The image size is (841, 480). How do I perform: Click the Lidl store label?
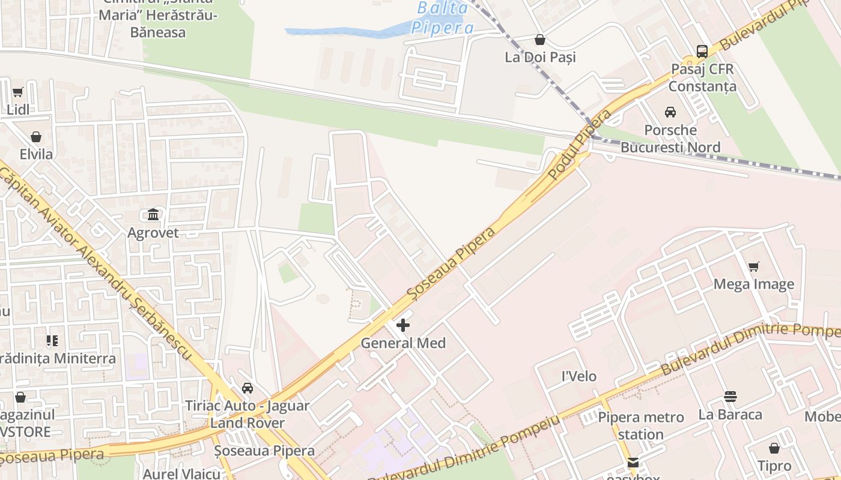click(x=18, y=110)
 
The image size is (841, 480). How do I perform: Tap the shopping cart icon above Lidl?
click(x=17, y=92)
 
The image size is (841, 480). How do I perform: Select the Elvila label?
click(x=36, y=154)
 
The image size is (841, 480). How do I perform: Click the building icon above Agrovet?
click(x=153, y=215)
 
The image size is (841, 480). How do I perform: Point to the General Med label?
click(x=403, y=343)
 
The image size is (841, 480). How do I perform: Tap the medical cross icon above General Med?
click(x=403, y=325)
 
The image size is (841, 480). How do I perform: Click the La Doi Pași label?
click(x=540, y=57)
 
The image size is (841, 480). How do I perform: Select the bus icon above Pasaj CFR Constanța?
click(x=702, y=51)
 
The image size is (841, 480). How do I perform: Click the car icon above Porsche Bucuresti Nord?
click(x=670, y=112)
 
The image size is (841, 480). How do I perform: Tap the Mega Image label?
click(x=753, y=284)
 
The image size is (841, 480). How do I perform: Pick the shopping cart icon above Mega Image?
click(x=753, y=266)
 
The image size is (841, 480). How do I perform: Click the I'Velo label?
click(x=578, y=376)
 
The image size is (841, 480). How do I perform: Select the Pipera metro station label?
click(x=640, y=425)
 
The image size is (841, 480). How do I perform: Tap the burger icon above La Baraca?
click(x=730, y=397)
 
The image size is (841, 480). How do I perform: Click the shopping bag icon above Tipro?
click(x=774, y=448)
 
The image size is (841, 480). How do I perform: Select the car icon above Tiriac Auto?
click(x=247, y=388)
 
